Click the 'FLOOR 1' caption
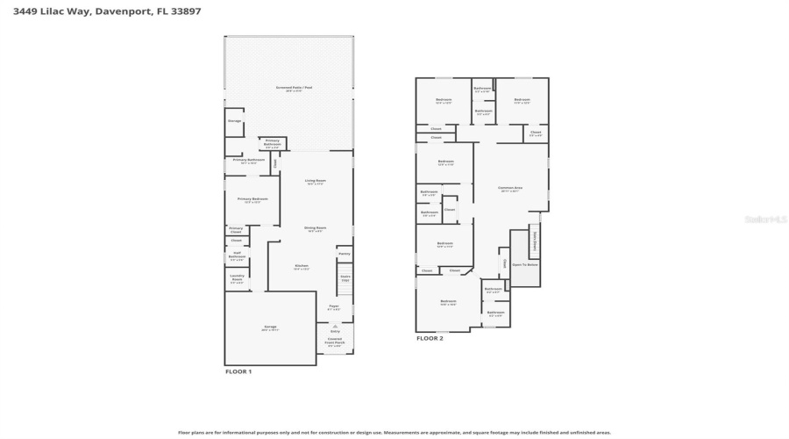[x=238, y=372]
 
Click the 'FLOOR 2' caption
[x=430, y=338]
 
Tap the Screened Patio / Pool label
[x=288, y=89]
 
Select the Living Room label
[x=315, y=182]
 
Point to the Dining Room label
[x=315, y=228]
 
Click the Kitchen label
[x=301, y=266]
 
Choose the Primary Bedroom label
[x=252, y=200]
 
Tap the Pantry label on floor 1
[x=345, y=254]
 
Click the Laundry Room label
[x=237, y=277]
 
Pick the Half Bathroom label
[x=237, y=256]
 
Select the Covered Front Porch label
[x=335, y=341]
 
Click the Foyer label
[x=334, y=308]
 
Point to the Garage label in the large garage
[x=269, y=327]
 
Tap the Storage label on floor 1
[x=234, y=120]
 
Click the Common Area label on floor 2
[x=510, y=188]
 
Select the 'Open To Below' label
[x=524, y=264]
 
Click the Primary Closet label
[x=236, y=230]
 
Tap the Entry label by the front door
[x=335, y=331]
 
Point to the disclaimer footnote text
[x=394, y=432]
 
